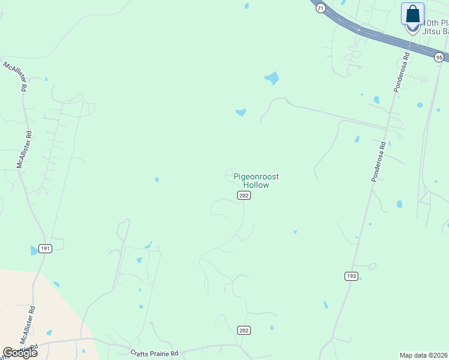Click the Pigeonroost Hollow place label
pyautogui.click(x=256, y=181)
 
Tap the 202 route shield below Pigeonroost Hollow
pyautogui.click(x=243, y=196)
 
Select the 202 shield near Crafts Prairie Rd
pyautogui.click(x=243, y=331)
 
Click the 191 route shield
pyautogui.click(x=45, y=248)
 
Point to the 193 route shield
pyautogui.click(x=351, y=276)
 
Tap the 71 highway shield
pyautogui.click(x=321, y=8)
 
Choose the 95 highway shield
pyautogui.click(x=439, y=57)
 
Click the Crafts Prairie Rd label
pyautogui.click(x=154, y=353)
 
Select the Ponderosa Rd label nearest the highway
pyautogui.click(x=401, y=72)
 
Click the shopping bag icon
pyautogui.click(x=412, y=14)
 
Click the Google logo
pyautogui.click(x=20, y=353)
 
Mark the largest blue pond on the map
pyautogui.click(x=272, y=78)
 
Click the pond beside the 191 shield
pyautogui.click(x=34, y=250)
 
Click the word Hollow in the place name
pyautogui.click(x=256, y=185)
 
